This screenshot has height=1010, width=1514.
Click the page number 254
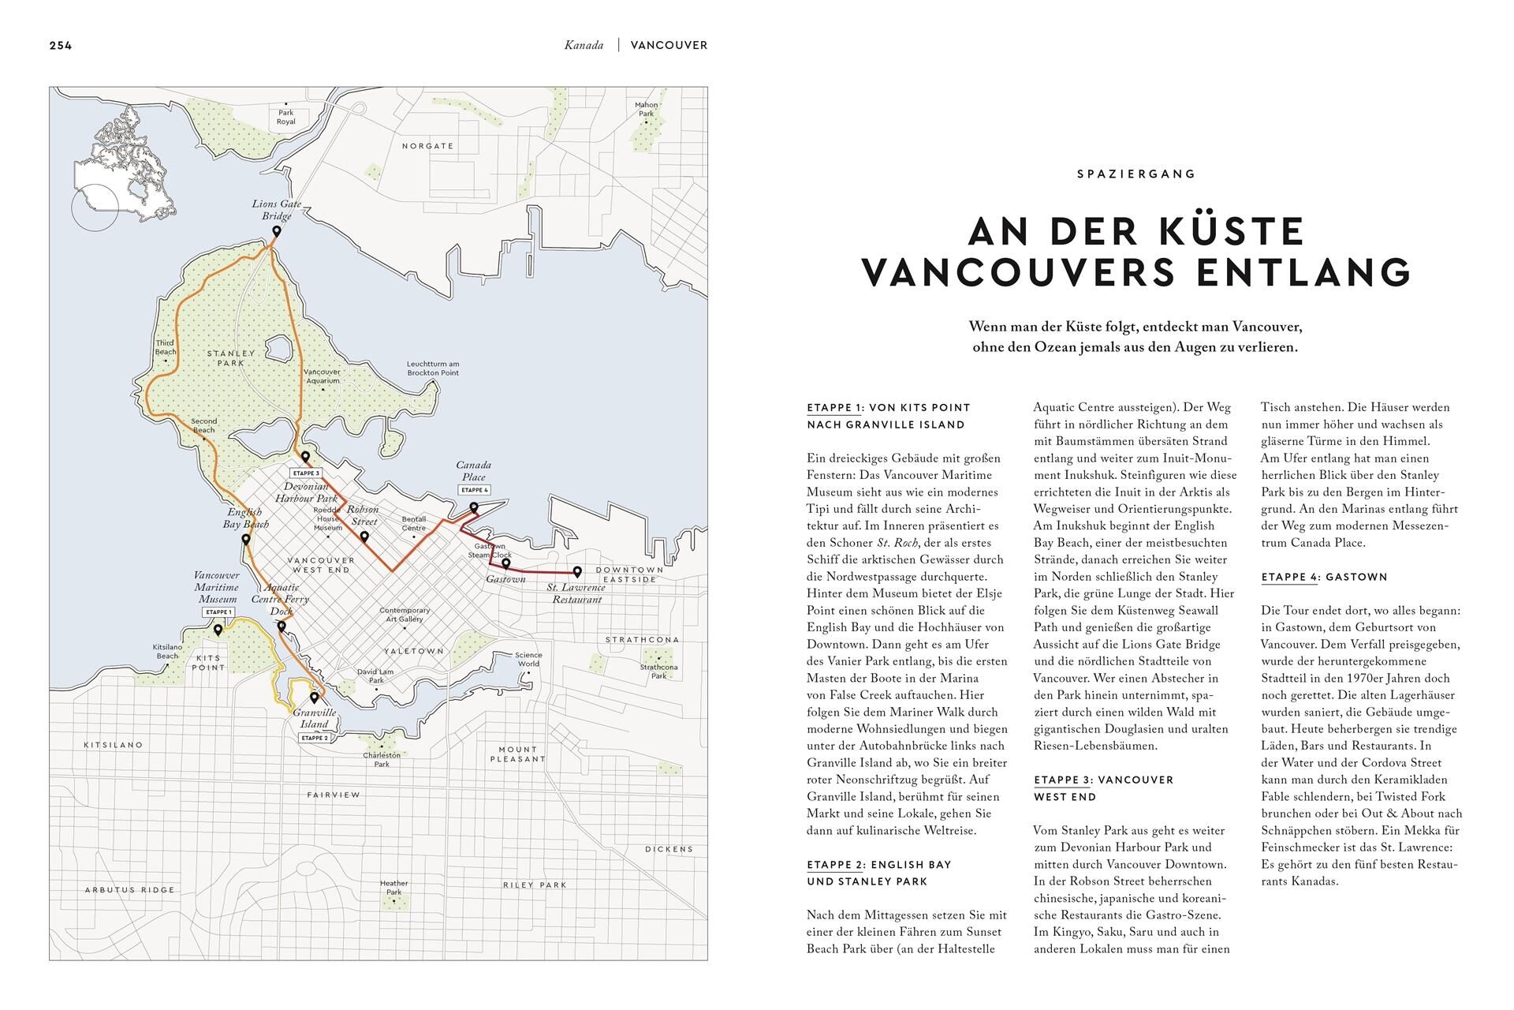coord(60,45)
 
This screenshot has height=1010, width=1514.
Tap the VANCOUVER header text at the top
coord(669,45)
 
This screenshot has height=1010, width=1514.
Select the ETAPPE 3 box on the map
coord(306,473)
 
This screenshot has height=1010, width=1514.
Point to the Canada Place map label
coord(473,471)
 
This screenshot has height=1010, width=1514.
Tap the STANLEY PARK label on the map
coord(230,358)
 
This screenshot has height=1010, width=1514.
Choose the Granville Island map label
coord(314,718)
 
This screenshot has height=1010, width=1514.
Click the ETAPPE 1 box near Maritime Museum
coord(218,612)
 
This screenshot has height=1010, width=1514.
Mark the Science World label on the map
coord(528,659)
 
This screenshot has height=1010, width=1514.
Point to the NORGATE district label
coord(427,146)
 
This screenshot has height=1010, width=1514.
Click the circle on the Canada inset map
coord(95,208)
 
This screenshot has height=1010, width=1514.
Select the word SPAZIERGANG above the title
coord(1136,174)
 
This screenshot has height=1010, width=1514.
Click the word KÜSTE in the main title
coord(1226,231)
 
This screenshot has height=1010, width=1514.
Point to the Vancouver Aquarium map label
coord(322,376)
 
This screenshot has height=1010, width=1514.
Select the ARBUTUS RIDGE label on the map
coord(129,889)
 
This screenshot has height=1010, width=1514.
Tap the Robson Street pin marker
coord(364,537)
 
